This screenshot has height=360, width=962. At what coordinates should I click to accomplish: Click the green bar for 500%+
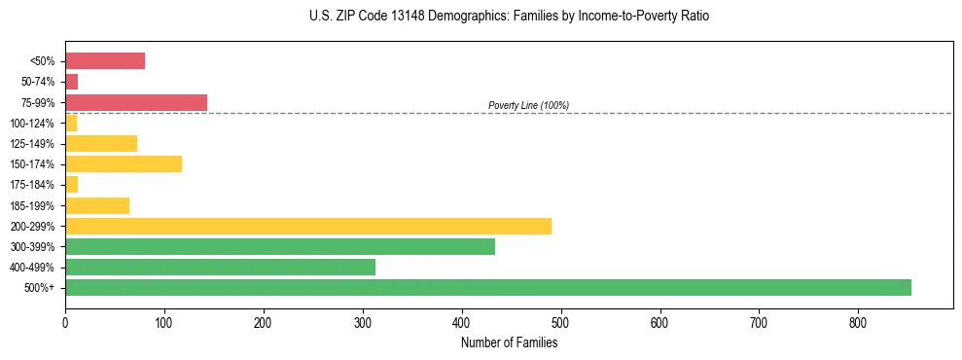click(487, 288)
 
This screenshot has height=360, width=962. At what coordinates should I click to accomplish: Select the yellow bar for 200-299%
click(307, 226)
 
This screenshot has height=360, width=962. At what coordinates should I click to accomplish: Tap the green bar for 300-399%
click(279, 247)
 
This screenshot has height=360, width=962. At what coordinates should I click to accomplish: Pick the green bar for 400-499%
click(220, 268)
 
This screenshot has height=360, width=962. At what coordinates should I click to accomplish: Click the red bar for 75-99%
click(136, 102)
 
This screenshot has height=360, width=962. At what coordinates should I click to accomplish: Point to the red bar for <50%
click(105, 61)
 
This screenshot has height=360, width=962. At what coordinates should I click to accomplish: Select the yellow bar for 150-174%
click(124, 164)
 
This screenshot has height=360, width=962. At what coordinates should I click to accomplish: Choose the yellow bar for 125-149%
click(101, 144)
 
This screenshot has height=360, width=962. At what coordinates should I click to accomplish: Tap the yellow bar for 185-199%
click(97, 205)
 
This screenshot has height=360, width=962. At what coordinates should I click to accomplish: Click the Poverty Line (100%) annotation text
click(528, 105)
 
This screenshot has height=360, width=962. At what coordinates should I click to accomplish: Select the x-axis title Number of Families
click(509, 342)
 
